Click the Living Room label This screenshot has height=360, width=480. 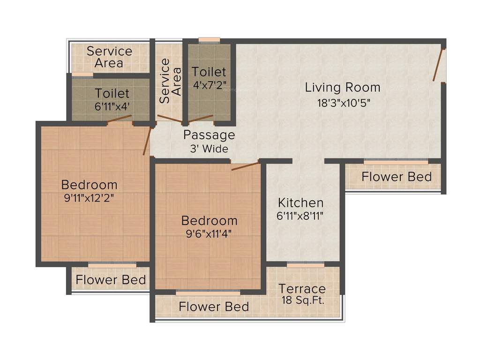(342, 88)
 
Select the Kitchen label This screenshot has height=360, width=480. (300, 203)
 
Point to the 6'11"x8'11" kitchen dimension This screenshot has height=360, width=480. (300, 217)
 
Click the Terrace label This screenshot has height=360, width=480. (302, 289)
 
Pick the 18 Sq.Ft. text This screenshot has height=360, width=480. (303, 300)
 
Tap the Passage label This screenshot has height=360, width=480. (209, 135)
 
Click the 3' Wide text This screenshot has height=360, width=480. (209, 150)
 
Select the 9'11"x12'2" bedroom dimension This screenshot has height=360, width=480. (89, 198)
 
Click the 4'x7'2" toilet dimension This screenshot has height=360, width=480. (209, 87)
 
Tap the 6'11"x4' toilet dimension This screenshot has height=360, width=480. (112, 106)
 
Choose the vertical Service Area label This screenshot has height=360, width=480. (170, 81)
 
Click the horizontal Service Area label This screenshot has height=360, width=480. (109, 57)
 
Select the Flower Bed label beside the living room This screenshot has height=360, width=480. (397, 177)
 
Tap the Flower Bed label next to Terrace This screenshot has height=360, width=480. (214, 307)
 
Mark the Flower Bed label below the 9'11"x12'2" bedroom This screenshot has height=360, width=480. (111, 280)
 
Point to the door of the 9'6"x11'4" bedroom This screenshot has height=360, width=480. (246, 166)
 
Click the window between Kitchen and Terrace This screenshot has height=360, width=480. (306, 265)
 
